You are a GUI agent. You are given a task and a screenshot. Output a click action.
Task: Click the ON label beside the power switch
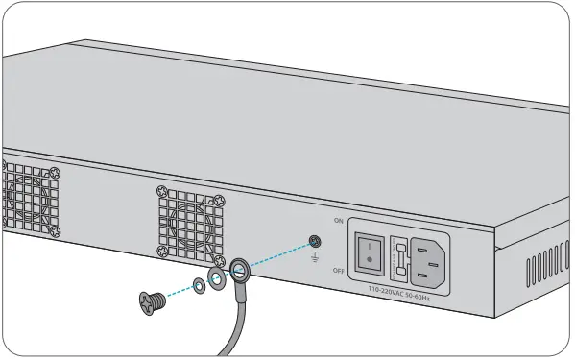pos(337,221)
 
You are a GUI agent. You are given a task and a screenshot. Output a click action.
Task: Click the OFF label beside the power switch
pos(338,271)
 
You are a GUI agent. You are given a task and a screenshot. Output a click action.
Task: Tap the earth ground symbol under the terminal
pos(314,257)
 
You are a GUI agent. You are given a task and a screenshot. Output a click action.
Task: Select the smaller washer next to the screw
pos(197,284)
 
